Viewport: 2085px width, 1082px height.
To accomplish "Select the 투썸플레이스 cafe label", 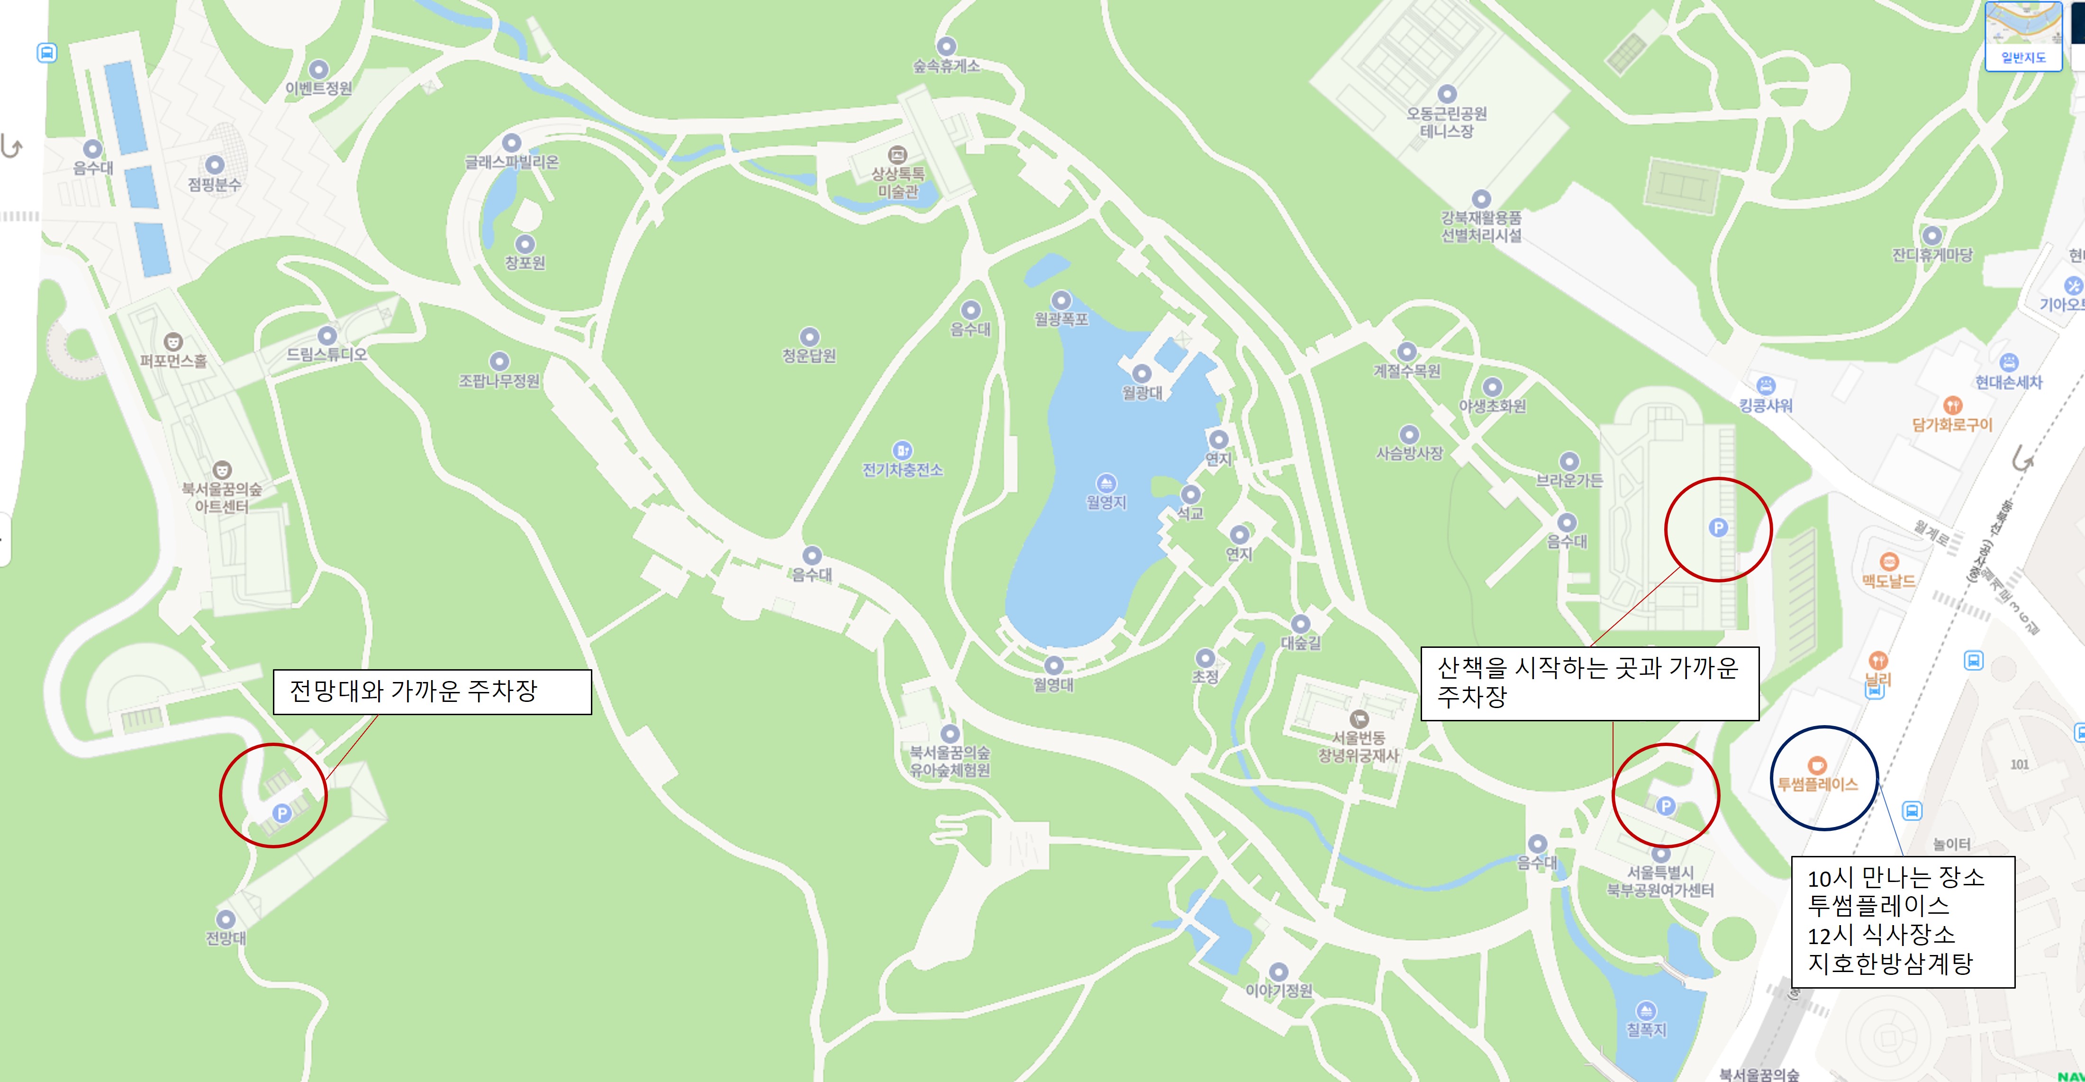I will [x=1817, y=784].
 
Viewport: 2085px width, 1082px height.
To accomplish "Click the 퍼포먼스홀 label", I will [x=173, y=361].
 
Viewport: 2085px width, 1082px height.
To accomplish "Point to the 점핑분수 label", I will [x=215, y=184].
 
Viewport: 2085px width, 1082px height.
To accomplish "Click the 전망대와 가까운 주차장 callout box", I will [x=432, y=692].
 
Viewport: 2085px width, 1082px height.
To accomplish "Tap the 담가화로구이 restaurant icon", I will [x=1952, y=405].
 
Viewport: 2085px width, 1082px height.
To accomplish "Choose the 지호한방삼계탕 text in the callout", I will [x=1891, y=963].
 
